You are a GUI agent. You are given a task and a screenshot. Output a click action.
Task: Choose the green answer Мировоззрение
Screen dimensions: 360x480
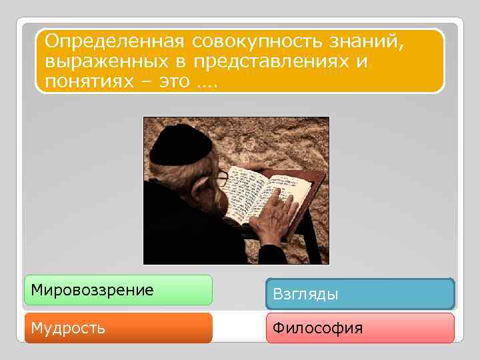(118, 290)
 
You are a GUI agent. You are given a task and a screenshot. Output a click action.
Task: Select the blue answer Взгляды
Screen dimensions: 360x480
(360, 294)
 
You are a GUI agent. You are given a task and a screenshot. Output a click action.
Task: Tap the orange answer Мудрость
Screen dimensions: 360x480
(118, 328)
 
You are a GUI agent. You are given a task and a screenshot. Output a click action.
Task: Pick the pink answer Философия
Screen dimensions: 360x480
(360, 328)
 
